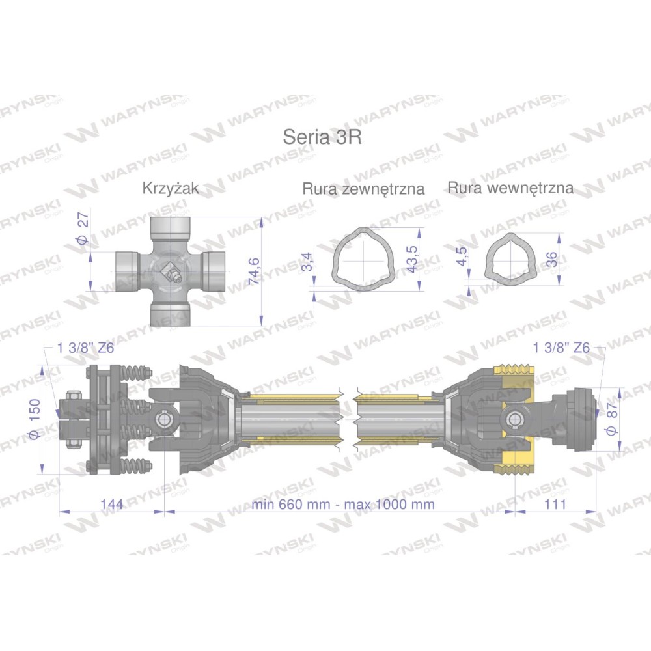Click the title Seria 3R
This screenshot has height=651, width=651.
point(322,137)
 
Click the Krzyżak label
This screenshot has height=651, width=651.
point(171,189)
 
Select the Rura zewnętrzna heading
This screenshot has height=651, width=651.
point(363,189)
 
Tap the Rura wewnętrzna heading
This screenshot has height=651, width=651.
point(510,188)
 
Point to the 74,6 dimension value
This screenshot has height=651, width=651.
point(253,271)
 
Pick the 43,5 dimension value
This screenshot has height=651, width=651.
point(411,259)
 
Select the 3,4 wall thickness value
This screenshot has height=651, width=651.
point(307,262)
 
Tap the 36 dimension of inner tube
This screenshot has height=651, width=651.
point(552,260)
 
